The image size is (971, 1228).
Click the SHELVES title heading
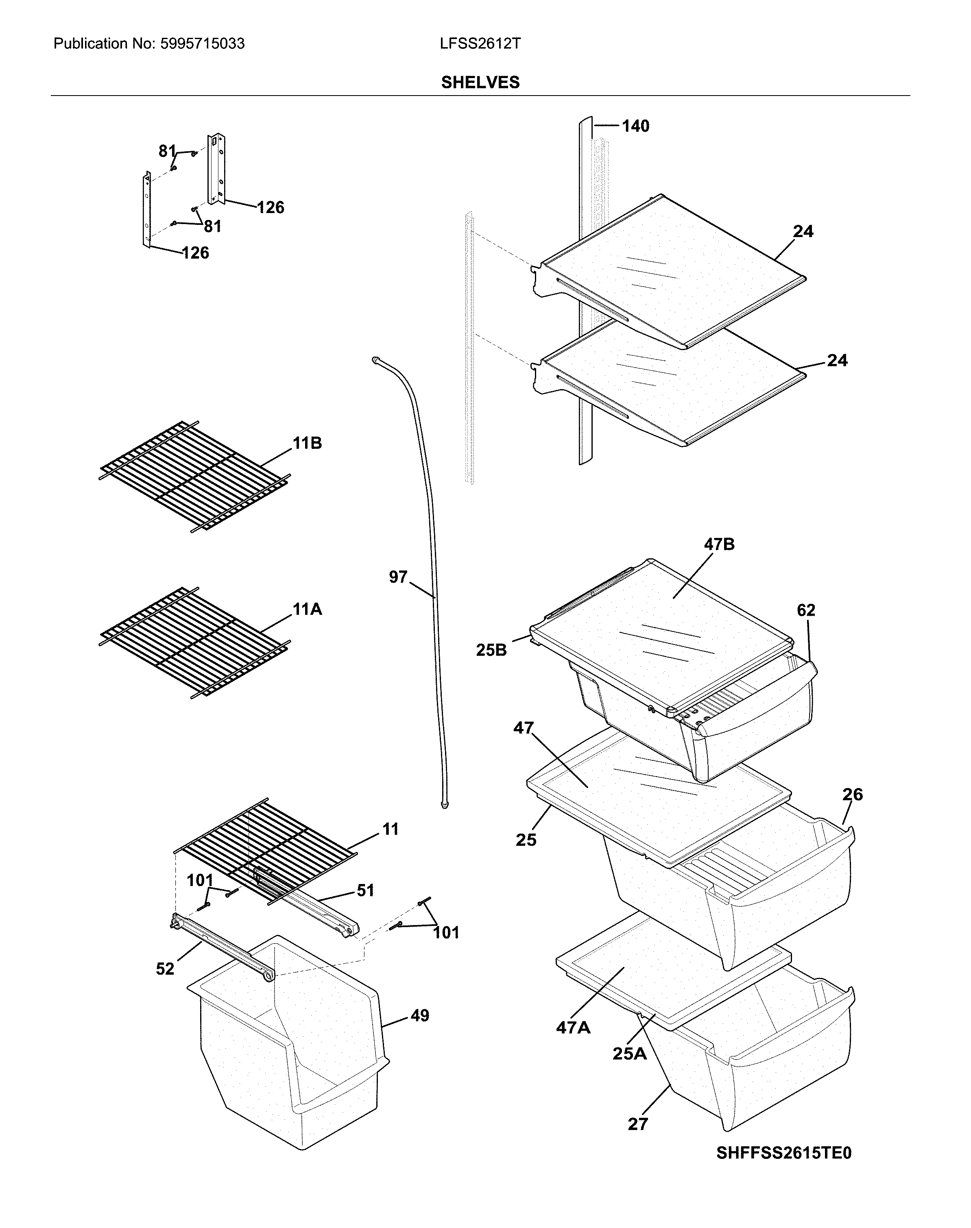click(480, 83)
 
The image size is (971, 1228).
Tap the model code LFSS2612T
click(480, 44)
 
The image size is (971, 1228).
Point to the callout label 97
click(398, 577)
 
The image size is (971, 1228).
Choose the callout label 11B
click(307, 443)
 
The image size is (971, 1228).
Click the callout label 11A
click(307, 610)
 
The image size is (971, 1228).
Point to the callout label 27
click(638, 1124)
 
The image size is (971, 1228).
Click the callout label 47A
click(573, 1028)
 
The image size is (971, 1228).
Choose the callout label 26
click(853, 795)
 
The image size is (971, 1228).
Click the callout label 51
click(365, 891)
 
